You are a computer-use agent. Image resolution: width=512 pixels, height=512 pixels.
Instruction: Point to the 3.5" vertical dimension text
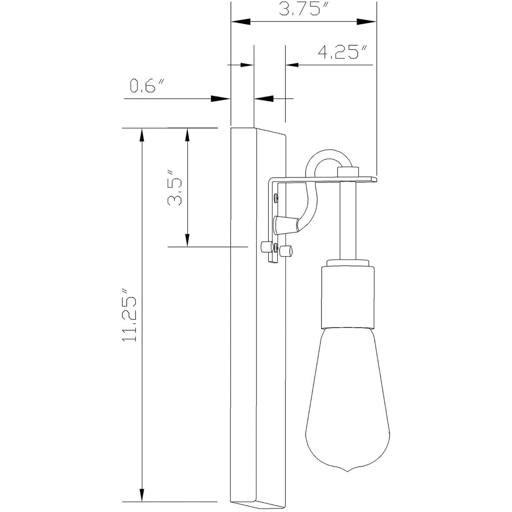pyautogui.click(x=175, y=192)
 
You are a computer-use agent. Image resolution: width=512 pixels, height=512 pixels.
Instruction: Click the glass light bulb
pyautogui.click(x=348, y=403)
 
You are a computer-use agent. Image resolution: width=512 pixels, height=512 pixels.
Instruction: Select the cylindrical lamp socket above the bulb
pyautogui.click(x=348, y=296)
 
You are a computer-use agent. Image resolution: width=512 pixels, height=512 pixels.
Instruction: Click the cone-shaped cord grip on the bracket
pyautogui.click(x=284, y=224)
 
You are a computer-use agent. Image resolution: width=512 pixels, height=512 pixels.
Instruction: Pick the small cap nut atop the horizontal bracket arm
pyautogui.click(x=348, y=172)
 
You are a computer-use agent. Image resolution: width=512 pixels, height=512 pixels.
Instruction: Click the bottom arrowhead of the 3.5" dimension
pyautogui.click(x=188, y=240)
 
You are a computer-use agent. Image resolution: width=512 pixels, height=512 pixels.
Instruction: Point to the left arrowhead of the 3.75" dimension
pyautogui.click(x=240, y=22)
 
